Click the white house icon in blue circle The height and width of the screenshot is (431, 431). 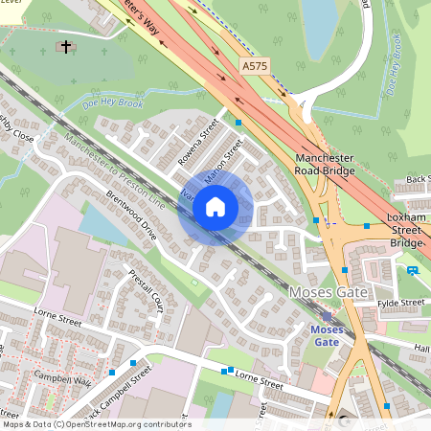point(215,207)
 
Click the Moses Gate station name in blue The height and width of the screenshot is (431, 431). point(327,334)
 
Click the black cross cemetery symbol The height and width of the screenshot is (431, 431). point(66,45)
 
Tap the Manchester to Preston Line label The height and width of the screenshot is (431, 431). point(115,172)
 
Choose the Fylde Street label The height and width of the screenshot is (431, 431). point(400,303)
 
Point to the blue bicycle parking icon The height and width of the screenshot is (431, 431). point(413,271)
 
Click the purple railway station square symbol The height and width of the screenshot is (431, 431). point(327,315)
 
